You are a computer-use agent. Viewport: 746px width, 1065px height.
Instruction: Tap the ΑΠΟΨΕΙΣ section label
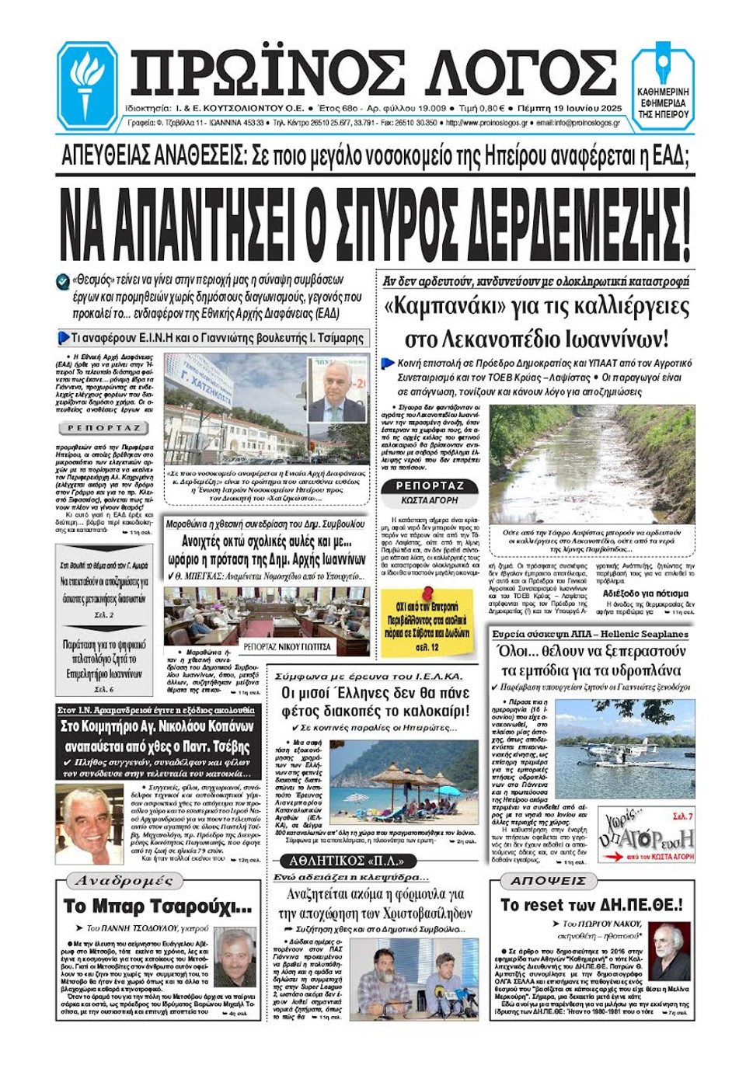click(548, 881)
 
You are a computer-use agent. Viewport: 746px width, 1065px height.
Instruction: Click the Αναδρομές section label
click(124, 881)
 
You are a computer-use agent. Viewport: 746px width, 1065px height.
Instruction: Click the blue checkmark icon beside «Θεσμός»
click(63, 280)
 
